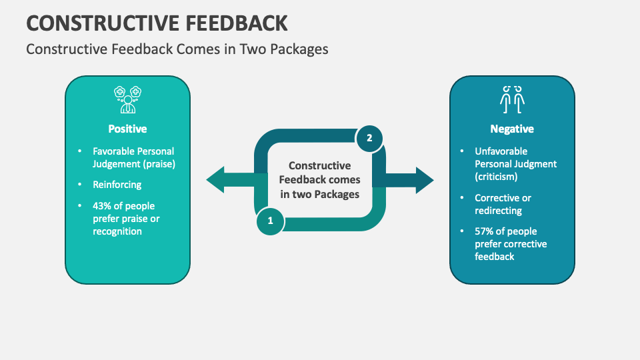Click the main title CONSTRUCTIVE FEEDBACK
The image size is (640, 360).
click(157, 22)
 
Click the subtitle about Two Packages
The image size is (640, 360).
click(177, 49)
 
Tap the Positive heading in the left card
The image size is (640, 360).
click(127, 129)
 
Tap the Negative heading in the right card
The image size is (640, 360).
click(512, 129)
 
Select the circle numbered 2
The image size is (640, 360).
click(369, 139)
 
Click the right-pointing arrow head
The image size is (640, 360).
click(423, 180)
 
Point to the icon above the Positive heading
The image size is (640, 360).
click(127, 99)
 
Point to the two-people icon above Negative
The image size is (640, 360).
click(512, 99)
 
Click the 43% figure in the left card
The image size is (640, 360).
click(104, 206)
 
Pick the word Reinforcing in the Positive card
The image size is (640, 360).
click(117, 185)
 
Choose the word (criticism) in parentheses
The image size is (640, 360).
click(497, 177)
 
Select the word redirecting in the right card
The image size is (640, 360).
click(498, 211)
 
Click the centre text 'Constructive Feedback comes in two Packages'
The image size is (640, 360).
click(319, 180)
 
